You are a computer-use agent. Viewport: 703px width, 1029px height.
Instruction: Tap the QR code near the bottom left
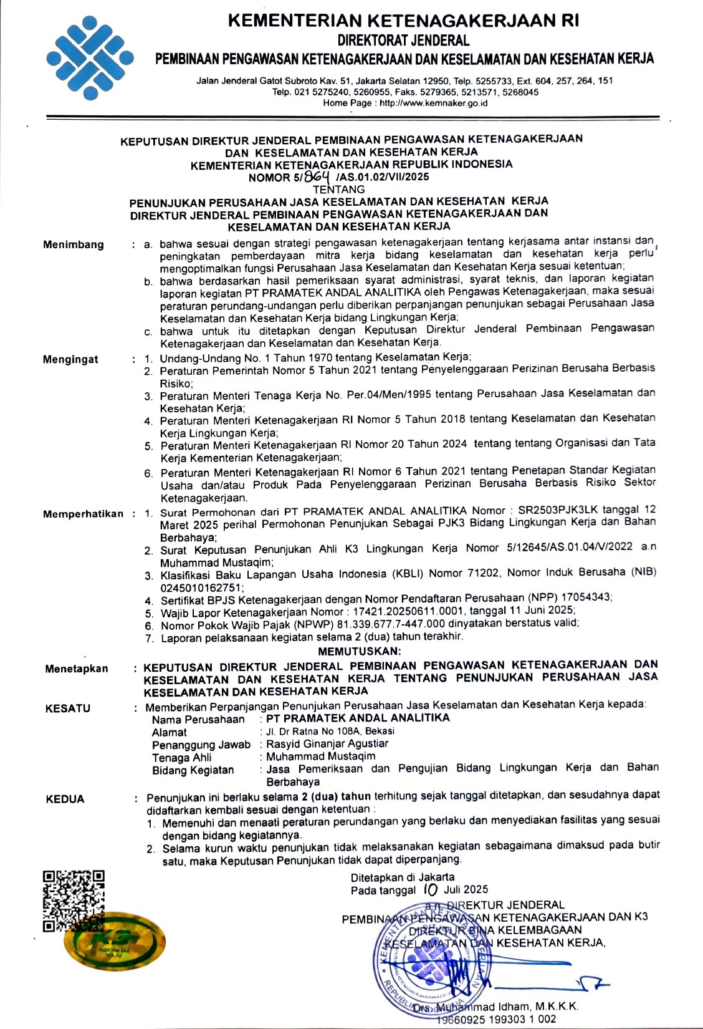click(x=73, y=901)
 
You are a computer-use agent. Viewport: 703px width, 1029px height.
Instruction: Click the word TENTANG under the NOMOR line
click(x=339, y=189)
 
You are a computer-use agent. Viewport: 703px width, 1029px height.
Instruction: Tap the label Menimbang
click(x=74, y=244)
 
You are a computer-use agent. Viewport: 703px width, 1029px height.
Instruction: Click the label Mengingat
click(x=70, y=359)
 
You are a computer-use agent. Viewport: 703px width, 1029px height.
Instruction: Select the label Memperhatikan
click(x=84, y=514)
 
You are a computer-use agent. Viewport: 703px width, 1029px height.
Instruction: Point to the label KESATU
click(x=68, y=708)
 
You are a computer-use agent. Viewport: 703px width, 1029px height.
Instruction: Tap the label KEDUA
click(x=65, y=799)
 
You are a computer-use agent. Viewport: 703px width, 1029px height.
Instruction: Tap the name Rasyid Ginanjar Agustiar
click(x=327, y=743)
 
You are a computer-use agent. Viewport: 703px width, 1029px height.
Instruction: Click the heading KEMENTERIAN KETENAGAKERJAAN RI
click(x=404, y=21)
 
